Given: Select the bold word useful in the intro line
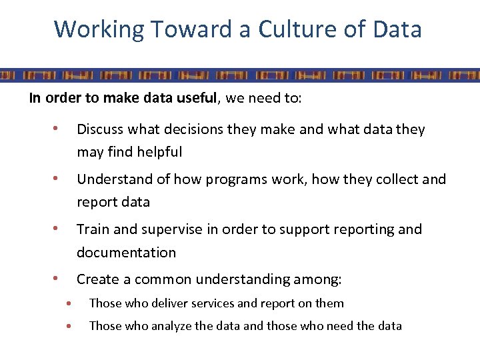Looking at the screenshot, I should [x=197, y=99].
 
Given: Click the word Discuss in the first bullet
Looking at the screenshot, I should [x=100, y=129].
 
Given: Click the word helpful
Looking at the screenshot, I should [x=159, y=152].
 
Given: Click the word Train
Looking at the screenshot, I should [x=92, y=229].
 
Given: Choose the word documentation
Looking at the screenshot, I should [x=126, y=253].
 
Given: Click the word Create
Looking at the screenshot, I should [x=97, y=279].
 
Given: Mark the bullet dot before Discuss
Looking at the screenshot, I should [x=58, y=128].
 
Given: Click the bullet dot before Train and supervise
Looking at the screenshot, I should [x=58, y=229].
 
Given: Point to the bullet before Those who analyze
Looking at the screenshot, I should [x=69, y=326].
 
